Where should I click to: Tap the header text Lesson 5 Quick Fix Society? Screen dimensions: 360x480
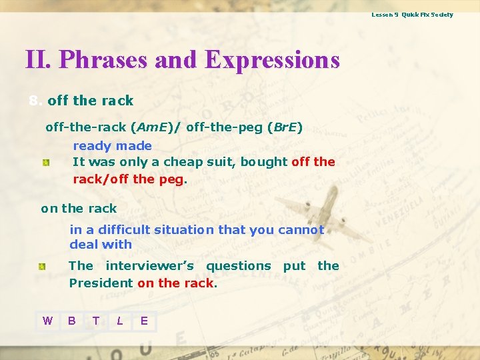(412, 14)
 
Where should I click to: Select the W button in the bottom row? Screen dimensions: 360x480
(47, 321)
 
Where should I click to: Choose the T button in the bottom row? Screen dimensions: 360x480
(96, 321)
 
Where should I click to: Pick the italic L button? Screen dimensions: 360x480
(120, 321)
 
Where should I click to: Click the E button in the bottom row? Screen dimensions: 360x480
(144, 321)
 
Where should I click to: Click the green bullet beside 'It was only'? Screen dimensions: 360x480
(46, 163)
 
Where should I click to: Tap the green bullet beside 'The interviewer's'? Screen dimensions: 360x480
(42, 267)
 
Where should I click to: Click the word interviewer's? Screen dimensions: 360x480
(149, 265)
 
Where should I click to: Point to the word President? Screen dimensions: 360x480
(101, 283)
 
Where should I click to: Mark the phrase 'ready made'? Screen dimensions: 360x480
(112, 145)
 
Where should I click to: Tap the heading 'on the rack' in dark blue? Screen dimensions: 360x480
(79, 208)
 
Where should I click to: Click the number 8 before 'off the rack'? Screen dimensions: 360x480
(33, 101)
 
